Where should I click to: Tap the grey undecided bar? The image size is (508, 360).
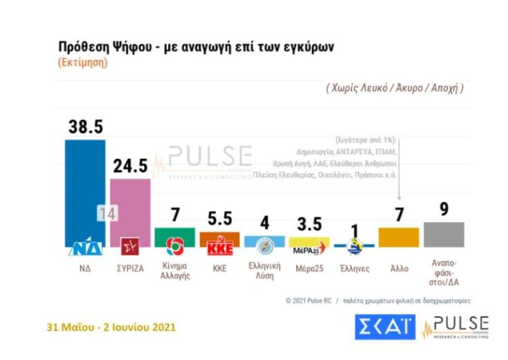444,234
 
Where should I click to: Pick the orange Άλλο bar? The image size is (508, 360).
399,237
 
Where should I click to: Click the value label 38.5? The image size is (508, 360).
85,127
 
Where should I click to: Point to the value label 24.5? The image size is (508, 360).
130,166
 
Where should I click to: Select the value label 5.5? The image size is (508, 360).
219,219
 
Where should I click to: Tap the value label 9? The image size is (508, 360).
444,209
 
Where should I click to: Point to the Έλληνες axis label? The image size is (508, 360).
354,267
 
